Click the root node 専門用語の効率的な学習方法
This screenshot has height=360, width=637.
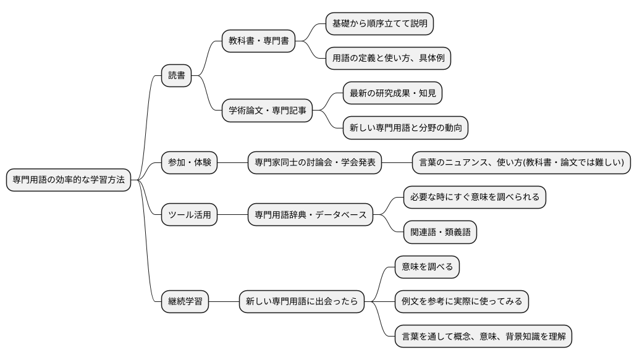click(x=69, y=180)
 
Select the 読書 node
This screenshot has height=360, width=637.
click(x=176, y=76)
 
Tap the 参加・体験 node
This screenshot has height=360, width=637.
click(x=189, y=163)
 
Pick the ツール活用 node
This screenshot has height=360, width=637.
click(x=189, y=215)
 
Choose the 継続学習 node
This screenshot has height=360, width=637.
click(x=185, y=302)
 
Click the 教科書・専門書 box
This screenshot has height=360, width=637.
click(x=258, y=41)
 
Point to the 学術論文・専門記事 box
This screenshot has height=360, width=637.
click(x=267, y=111)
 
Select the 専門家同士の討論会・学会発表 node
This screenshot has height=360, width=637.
click(x=314, y=163)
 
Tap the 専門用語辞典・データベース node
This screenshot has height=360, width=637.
click(x=310, y=215)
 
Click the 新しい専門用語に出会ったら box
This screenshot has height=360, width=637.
click(x=301, y=302)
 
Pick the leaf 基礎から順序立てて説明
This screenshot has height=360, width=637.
click(x=379, y=24)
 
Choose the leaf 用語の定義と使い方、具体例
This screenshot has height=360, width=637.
click(x=388, y=59)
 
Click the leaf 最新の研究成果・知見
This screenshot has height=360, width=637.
click(x=392, y=93)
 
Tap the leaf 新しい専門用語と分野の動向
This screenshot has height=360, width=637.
click(x=405, y=128)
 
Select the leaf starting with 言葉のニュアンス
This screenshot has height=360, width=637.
click(x=521, y=163)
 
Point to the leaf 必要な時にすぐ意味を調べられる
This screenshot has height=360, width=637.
click(x=475, y=198)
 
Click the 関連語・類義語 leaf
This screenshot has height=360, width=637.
click(x=439, y=232)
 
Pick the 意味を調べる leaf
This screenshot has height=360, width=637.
click(x=427, y=267)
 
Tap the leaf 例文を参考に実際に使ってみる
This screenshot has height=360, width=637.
click(x=462, y=302)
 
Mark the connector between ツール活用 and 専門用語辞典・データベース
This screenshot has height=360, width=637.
click(x=232, y=215)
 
